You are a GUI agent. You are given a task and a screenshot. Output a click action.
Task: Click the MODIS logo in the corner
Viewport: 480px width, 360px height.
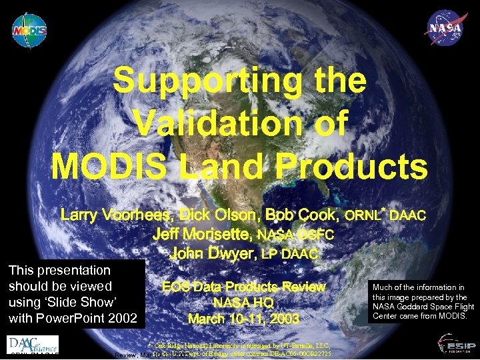pos(29,30)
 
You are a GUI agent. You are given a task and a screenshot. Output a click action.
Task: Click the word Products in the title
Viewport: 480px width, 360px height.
pos(346,167)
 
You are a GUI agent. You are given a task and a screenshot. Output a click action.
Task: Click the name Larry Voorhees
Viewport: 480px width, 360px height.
pos(113,215)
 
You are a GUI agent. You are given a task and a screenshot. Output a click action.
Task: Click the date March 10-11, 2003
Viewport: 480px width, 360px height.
pos(243,319)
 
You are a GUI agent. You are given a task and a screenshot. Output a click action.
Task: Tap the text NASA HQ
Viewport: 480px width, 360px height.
pos(243,303)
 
